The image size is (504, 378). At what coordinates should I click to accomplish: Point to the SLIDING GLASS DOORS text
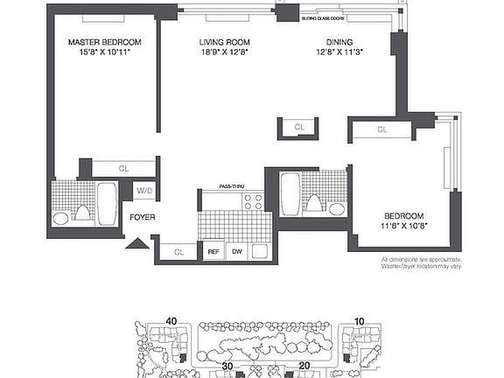323,17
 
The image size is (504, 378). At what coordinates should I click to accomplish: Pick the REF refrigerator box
213,252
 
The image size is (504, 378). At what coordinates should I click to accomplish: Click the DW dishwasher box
236,252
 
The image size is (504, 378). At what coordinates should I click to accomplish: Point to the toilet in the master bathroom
82,212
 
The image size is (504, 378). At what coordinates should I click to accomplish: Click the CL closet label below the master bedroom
123,168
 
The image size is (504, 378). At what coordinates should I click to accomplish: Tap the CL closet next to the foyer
179,252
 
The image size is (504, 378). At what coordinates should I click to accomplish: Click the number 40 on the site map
171,322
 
